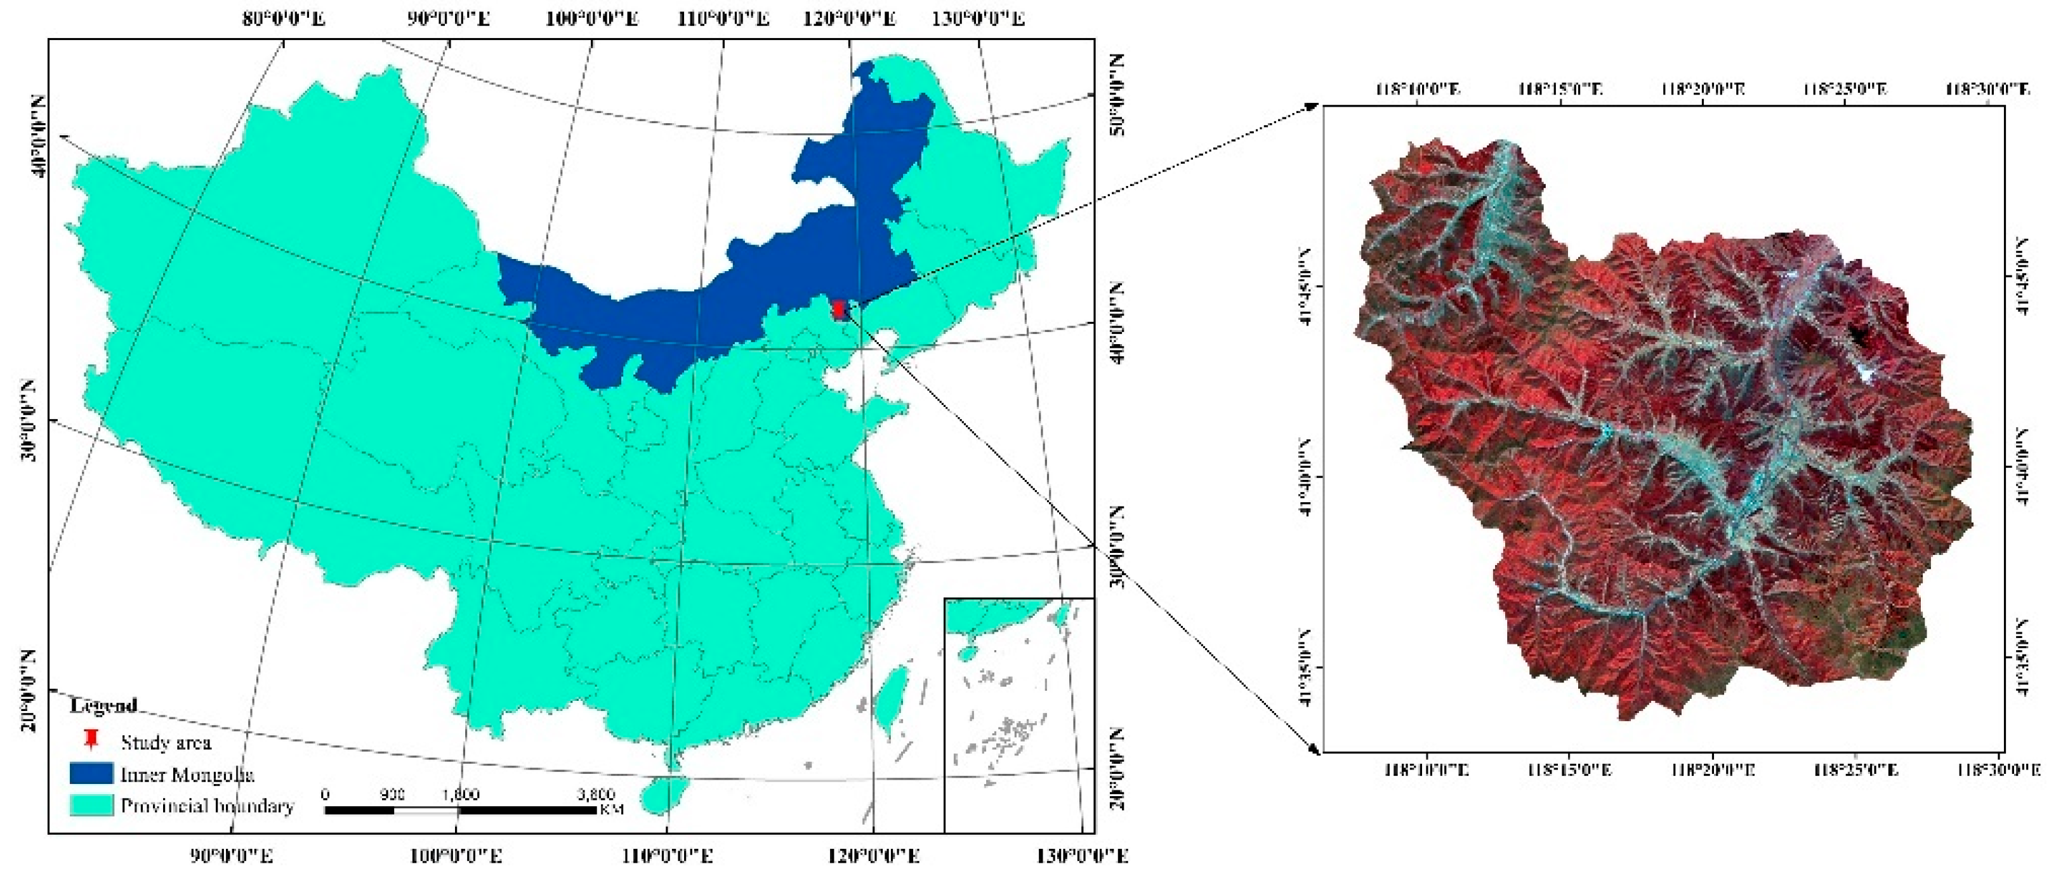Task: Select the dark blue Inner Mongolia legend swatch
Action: point(91,773)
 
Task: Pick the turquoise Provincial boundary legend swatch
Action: point(91,804)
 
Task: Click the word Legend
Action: point(104,705)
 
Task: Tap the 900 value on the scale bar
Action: point(392,794)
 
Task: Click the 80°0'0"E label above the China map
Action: point(284,18)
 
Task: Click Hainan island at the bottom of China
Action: point(665,795)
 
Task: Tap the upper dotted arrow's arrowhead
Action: point(1312,105)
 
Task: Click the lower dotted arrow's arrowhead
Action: point(1313,750)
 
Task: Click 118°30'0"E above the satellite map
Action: point(1987,90)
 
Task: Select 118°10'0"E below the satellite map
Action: point(1425,770)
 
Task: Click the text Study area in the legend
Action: point(166,742)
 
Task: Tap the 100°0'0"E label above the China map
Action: point(591,18)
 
